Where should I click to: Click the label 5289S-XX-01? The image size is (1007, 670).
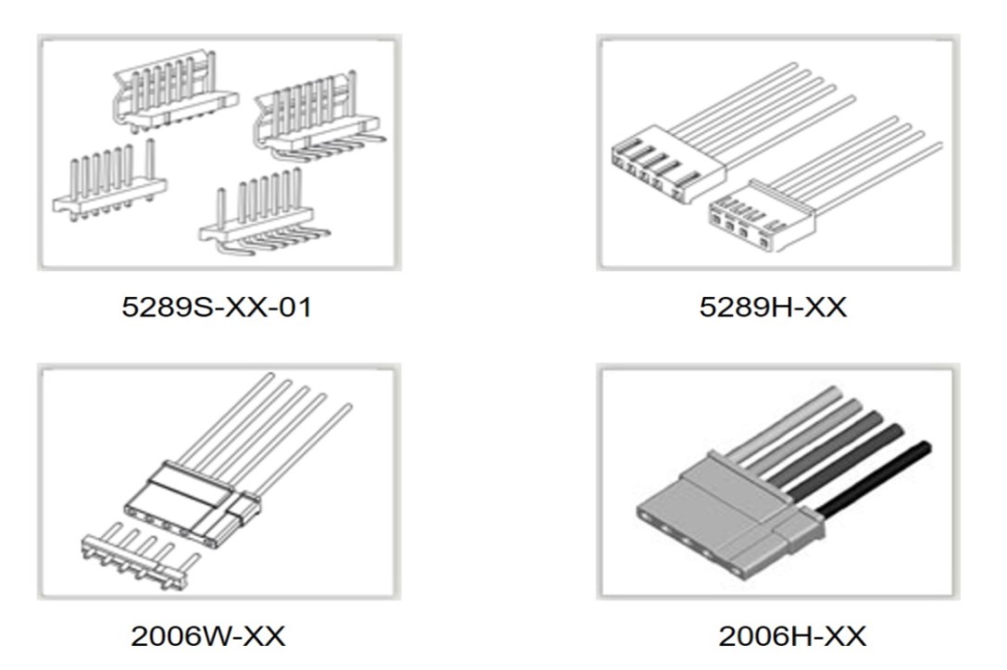click(218, 306)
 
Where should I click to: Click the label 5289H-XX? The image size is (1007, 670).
click(773, 306)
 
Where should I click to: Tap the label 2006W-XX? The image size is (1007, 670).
click(208, 636)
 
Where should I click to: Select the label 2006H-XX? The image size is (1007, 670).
click(792, 636)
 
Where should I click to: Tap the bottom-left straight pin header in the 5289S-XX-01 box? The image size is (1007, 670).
click(109, 183)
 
